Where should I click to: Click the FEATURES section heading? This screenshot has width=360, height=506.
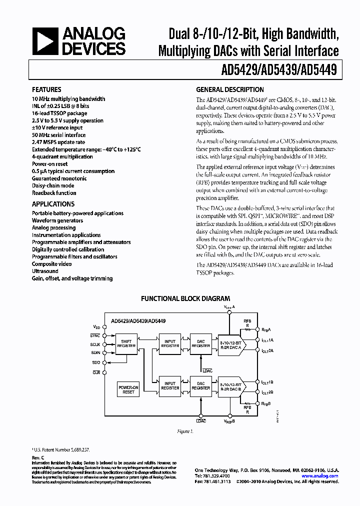(x=46, y=90)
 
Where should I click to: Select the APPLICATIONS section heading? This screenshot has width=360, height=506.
(x=53, y=204)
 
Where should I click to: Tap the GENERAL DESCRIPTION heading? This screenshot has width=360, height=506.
(x=229, y=90)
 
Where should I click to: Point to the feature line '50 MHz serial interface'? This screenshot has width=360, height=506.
(x=58, y=135)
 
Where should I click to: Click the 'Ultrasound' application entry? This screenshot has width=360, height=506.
(x=45, y=271)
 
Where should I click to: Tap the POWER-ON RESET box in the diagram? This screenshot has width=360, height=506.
(x=128, y=390)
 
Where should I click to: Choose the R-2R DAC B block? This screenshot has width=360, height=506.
(x=231, y=385)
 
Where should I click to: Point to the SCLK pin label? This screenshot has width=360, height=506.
(x=96, y=344)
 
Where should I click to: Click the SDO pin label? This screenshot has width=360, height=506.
(x=96, y=361)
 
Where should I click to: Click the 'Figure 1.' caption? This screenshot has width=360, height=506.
(x=185, y=430)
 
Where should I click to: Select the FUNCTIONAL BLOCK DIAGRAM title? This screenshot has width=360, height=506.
(x=185, y=298)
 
